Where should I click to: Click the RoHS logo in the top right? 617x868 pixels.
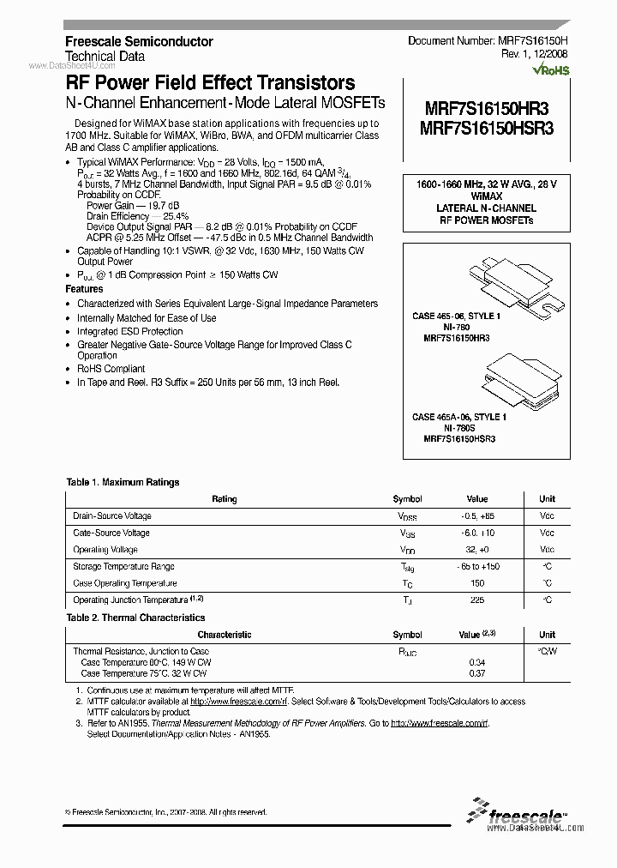tap(552, 69)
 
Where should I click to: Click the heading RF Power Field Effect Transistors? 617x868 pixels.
tap(210, 83)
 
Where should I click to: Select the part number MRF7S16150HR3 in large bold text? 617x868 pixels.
tap(486, 109)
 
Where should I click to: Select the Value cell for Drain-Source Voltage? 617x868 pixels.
tap(476, 515)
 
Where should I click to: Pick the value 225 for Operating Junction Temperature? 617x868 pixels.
tap(476, 600)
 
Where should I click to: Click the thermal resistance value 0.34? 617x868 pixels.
tap(476, 662)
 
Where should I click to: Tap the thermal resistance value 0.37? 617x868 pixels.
tap(476, 673)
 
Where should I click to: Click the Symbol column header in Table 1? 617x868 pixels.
tap(407, 498)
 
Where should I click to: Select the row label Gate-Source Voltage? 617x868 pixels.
tap(111, 533)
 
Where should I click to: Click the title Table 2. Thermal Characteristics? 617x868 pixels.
tap(135, 618)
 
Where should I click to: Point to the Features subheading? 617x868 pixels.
tap(84, 290)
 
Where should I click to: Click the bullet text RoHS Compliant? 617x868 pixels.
tap(111, 369)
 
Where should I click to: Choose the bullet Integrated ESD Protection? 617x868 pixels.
tap(129, 331)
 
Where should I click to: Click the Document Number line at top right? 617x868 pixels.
tap(488, 40)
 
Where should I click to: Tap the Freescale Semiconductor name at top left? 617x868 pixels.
tap(139, 41)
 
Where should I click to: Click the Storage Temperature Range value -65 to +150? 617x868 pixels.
tap(476, 566)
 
